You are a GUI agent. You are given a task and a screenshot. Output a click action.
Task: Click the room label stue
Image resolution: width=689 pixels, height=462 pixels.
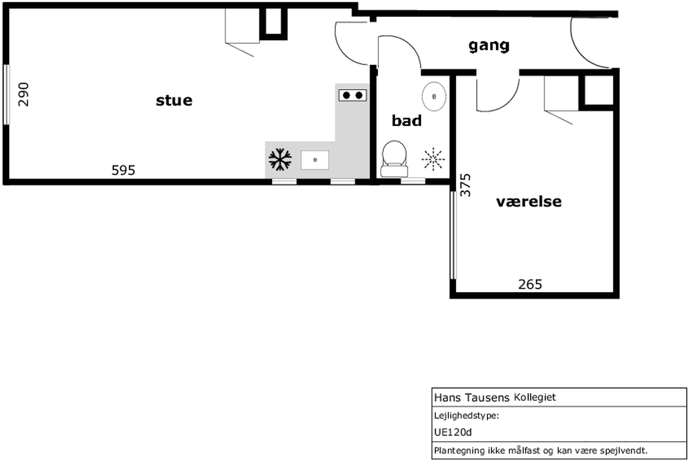174,101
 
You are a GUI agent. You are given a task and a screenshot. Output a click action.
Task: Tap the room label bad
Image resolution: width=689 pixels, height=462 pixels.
407,121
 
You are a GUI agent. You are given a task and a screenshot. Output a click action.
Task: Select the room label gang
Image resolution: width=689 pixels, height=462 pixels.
489,46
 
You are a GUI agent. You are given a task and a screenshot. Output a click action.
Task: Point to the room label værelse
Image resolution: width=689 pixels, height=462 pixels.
529,202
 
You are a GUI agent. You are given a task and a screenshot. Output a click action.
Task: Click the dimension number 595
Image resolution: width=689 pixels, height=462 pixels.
123,170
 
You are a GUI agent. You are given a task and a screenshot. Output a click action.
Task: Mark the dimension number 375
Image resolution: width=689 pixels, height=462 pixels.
465,185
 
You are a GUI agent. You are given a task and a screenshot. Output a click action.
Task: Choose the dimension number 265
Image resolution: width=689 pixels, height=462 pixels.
530,285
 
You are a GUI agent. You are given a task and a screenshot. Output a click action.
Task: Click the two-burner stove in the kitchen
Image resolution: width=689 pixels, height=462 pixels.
353,96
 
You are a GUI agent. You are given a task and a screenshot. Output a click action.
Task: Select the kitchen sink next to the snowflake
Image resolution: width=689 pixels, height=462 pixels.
315,160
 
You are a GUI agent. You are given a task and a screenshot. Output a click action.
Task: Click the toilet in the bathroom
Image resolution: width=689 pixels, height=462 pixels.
394,159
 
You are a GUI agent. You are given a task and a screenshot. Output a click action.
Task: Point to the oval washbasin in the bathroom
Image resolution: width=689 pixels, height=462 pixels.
434,96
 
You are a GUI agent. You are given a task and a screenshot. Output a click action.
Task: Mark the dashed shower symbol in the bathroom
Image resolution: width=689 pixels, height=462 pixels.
433,159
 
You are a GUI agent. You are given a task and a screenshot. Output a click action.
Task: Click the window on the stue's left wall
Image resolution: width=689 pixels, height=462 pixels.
6,95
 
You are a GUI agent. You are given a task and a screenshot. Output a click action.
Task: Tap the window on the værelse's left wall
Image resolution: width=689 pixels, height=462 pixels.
453,235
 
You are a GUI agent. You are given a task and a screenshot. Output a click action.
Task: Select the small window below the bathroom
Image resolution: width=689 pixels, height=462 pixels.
413,181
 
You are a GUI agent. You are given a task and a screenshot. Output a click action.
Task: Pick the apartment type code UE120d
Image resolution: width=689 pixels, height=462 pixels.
453,432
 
